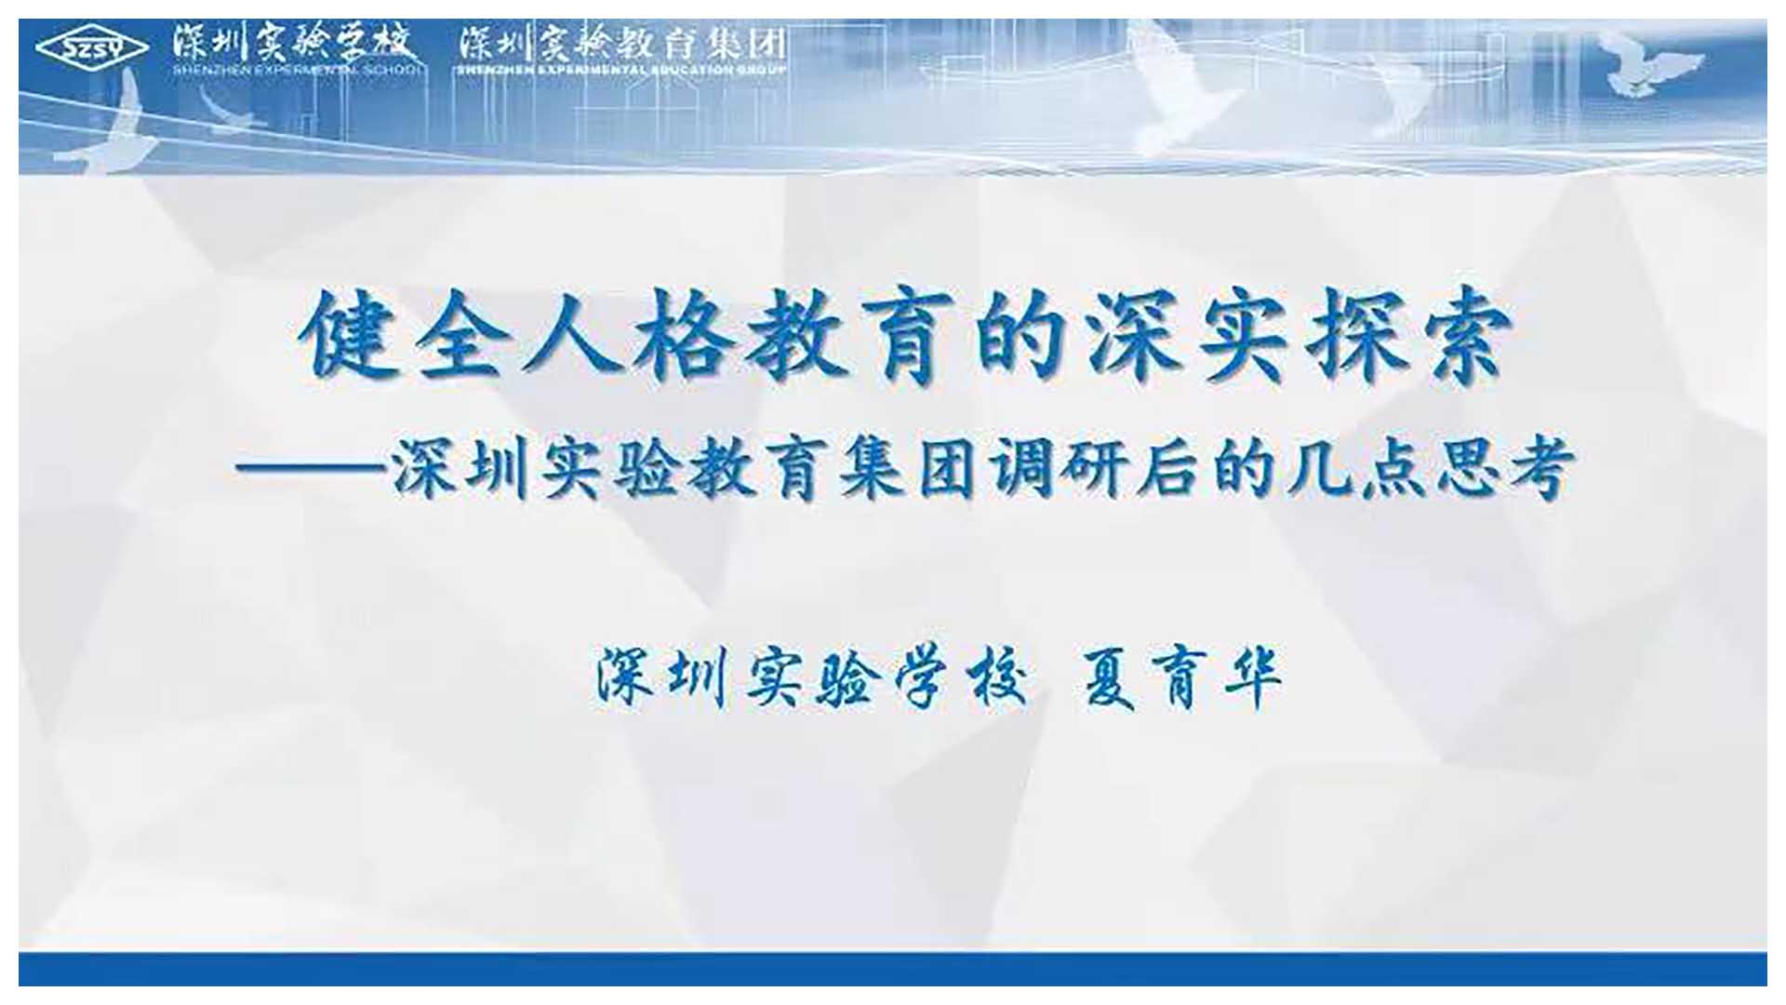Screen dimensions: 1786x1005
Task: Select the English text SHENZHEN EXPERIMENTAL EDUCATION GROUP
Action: (x=621, y=69)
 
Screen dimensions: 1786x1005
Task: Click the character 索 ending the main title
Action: (x=1463, y=335)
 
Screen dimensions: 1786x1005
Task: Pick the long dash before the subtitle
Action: (x=312, y=470)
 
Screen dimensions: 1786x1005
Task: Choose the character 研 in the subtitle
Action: (x=1100, y=470)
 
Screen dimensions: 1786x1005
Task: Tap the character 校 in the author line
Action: (x=995, y=677)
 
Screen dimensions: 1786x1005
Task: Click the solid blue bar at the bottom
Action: (x=893, y=968)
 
